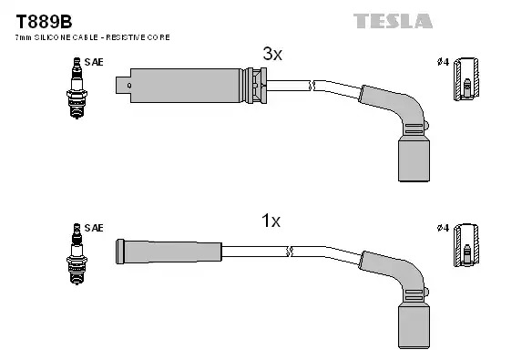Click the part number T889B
click(x=44, y=22)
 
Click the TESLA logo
click(x=393, y=21)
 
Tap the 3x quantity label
click(x=272, y=54)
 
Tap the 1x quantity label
click(x=271, y=221)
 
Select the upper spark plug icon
click(x=77, y=87)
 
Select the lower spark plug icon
click(x=77, y=253)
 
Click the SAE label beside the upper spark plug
click(x=94, y=62)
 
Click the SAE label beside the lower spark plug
click(x=94, y=228)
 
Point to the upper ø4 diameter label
click(x=443, y=62)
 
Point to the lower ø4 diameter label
click(x=443, y=228)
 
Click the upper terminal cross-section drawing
click(x=466, y=79)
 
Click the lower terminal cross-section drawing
click(x=466, y=245)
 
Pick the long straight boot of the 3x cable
click(x=187, y=86)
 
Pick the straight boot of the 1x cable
click(x=169, y=252)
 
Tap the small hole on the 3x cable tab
click(x=129, y=86)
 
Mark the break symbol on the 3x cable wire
click(x=312, y=86)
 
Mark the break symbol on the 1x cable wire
click(x=290, y=252)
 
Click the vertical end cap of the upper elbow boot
click(x=414, y=159)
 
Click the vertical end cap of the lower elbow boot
click(x=414, y=325)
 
